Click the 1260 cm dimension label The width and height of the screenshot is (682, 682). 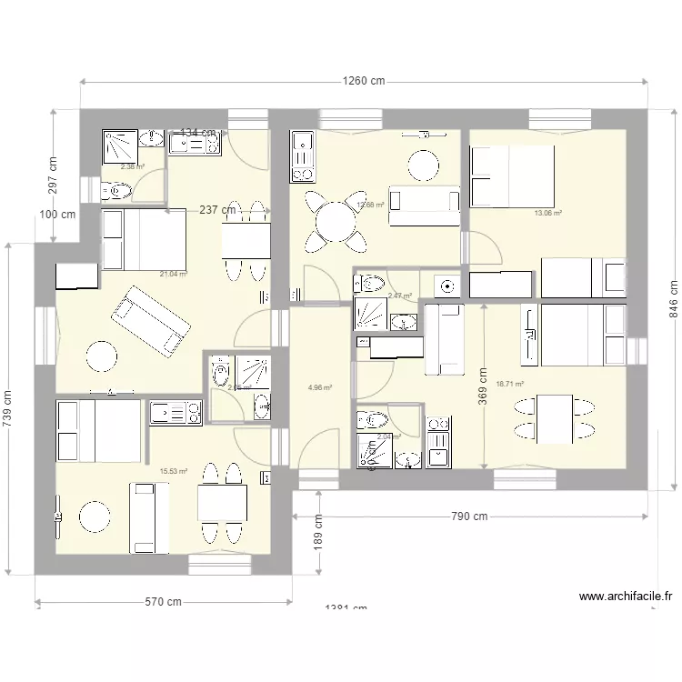364,81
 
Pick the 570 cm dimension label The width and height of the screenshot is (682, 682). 162,602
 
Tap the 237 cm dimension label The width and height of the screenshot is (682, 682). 218,210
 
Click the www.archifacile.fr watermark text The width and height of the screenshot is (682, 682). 626,597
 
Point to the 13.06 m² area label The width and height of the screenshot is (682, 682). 547,214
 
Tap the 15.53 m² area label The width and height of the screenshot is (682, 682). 173,471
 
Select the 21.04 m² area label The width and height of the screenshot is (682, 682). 174,274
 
